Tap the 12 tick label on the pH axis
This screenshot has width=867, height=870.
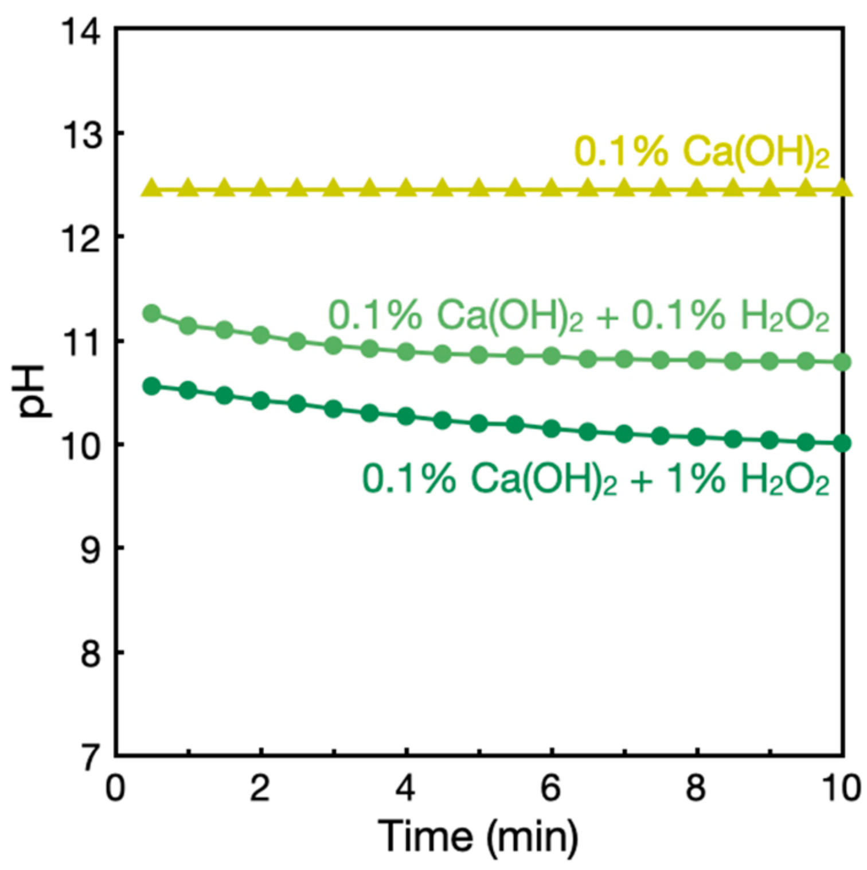(81, 238)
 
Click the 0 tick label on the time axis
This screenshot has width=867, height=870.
(115, 788)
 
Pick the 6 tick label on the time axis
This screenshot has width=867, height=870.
(550, 788)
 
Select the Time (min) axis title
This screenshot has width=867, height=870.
(478, 837)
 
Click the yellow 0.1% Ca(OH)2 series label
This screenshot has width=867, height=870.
(702, 153)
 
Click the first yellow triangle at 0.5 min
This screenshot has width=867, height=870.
(151, 188)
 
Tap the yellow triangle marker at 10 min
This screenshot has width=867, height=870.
(842, 188)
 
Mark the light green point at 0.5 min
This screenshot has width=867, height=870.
(151, 313)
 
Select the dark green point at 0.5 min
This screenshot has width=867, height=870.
(151, 386)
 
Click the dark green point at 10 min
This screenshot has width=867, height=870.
(842, 443)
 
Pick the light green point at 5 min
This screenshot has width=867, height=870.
(478, 355)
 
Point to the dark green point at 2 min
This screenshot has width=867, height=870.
(261, 401)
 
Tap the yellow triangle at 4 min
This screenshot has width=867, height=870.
(406, 188)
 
